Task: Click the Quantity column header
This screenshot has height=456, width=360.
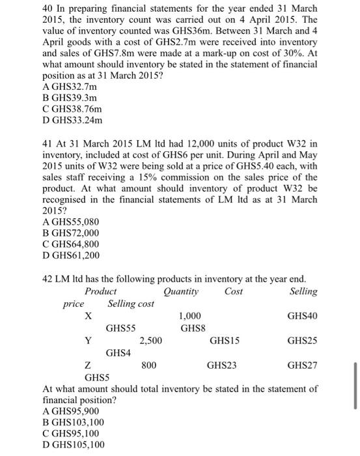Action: click(182, 292)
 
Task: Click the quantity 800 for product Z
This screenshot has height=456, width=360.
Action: click(149, 365)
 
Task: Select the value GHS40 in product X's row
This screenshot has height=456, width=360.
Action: click(302, 316)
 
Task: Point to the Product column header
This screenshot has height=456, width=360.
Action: click(101, 292)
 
